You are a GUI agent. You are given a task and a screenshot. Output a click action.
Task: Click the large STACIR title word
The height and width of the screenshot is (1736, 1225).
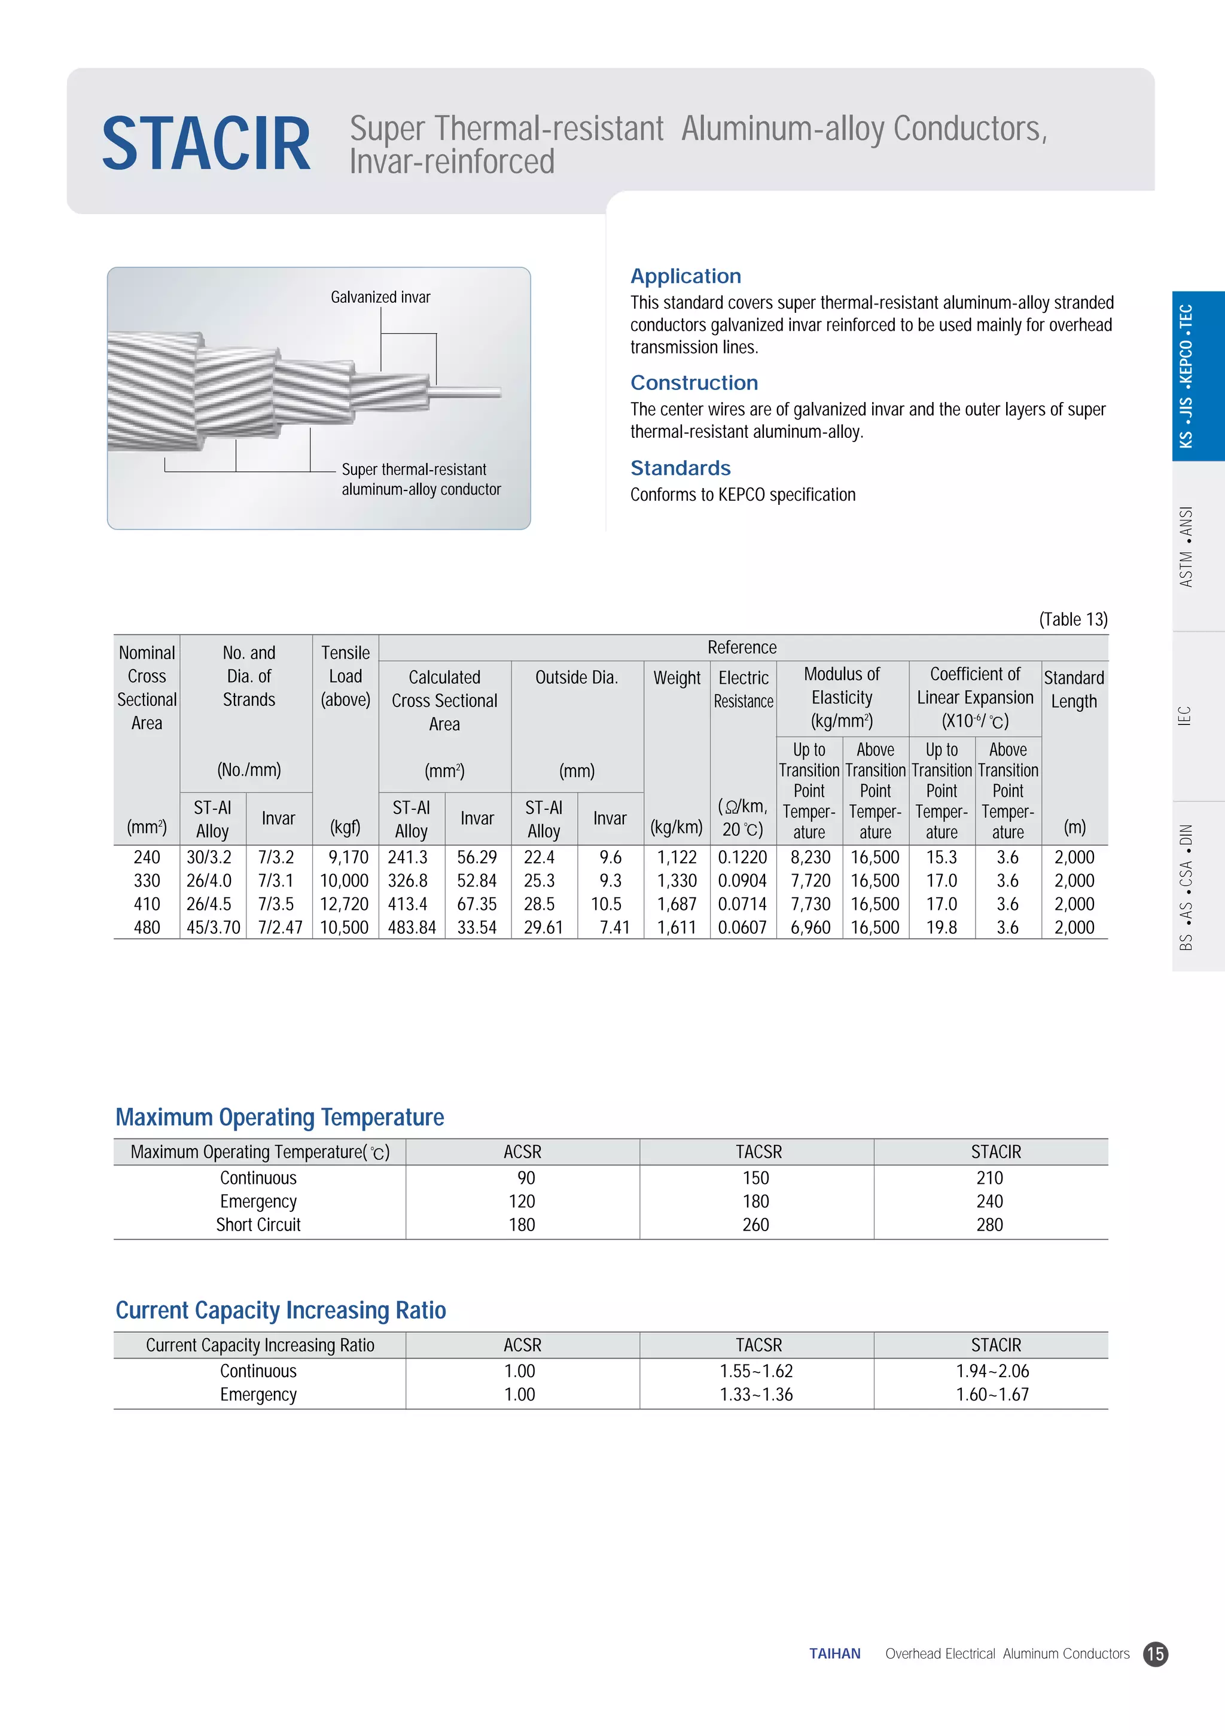pyautogui.click(x=206, y=144)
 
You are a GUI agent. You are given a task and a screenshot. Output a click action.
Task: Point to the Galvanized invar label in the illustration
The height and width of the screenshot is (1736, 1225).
pyautogui.click(x=380, y=297)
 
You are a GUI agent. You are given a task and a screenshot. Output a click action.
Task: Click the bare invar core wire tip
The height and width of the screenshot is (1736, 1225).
pyautogui.click(x=484, y=392)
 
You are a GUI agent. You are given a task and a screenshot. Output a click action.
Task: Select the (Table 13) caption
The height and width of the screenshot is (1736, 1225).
pyautogui.click(x=1072, y=619)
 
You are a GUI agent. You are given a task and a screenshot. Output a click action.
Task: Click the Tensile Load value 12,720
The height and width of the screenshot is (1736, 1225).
pyautogui.click(x=344, y=904)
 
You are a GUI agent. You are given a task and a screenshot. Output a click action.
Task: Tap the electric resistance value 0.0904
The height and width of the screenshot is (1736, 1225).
pyautogui.click(x=742, y=881)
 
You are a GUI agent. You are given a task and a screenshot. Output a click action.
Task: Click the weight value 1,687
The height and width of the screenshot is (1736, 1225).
pyautogui.click(x=676, y=904)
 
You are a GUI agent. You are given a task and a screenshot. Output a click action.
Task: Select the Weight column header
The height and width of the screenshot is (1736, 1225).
pyautogui.click(x=676, y=678)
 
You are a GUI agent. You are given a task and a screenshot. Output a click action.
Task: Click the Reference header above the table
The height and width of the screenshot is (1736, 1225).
pyautogui.click(x=742, y=647)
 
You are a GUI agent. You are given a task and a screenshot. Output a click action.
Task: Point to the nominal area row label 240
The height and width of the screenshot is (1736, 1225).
pyautogui.click(x=147, y=857)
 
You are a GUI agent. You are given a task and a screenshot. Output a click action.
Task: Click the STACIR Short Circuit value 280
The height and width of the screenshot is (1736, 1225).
pyautogui.click(x=989, y=1225)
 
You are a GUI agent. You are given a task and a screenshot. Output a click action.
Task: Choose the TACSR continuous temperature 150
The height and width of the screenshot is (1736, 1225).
pyautogui.click(x=755, y=1178)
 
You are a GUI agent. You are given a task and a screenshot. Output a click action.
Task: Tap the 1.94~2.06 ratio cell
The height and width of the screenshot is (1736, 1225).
pyautogui.click(x=992, y=1371)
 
